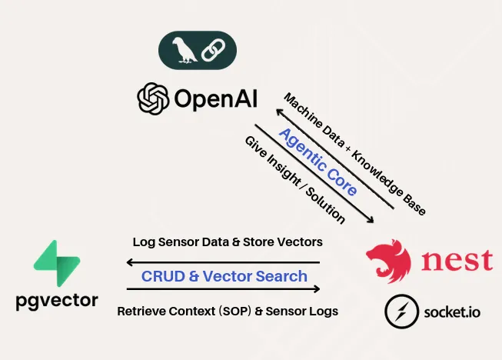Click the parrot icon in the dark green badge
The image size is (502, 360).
182,51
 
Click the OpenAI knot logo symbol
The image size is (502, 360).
152,98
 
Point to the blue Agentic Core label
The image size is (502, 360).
317,162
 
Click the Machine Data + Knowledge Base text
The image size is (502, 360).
354,153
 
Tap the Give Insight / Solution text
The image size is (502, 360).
294,181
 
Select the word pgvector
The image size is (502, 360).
57,301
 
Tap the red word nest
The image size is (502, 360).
457,259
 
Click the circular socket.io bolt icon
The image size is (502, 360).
401,312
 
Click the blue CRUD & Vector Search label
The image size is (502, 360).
224,276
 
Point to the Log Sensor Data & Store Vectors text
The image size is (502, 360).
227,242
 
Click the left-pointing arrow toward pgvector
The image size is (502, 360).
223,262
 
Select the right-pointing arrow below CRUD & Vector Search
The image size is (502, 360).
223,289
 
